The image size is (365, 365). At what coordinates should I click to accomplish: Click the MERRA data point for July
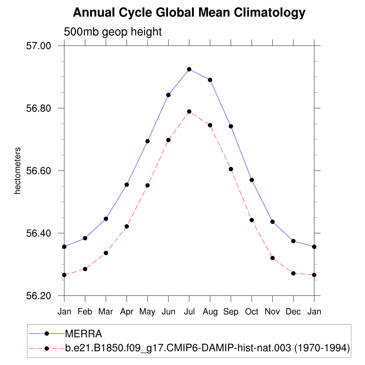tap(189, 69)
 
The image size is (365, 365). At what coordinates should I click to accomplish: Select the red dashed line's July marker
tap(189, 112)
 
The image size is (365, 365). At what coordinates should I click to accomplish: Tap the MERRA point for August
tap(210, 80)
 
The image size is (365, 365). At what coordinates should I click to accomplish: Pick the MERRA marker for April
tap(127, 185)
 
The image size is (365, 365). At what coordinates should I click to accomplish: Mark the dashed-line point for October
tap(252, 220)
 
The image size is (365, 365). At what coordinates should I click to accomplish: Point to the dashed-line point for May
tap(148, 185)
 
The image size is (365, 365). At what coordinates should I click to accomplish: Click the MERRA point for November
tap(273, 222)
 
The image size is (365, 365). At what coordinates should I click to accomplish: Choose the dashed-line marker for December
tap(293, 273)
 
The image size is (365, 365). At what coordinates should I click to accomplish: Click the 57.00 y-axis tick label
tap(39, 46)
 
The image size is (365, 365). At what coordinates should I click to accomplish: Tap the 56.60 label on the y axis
tap(39, 171)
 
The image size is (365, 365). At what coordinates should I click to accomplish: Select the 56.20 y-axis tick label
tap(39, 296)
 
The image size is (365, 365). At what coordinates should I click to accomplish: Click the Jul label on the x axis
tap(189, 312)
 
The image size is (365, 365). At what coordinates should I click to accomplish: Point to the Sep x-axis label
tap(231, 312)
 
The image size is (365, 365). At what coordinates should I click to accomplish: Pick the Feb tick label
tap(85, 312)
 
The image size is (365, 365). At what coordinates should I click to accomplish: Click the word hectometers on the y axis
tap(17, 171)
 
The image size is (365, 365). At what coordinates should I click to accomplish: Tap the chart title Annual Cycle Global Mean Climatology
tap(189, 13)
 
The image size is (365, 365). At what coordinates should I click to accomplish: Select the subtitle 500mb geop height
tap(113, 32)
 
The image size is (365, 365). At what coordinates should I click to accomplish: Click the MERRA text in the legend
tap(83, 334)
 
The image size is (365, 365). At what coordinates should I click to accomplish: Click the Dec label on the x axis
tap(293, 312)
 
